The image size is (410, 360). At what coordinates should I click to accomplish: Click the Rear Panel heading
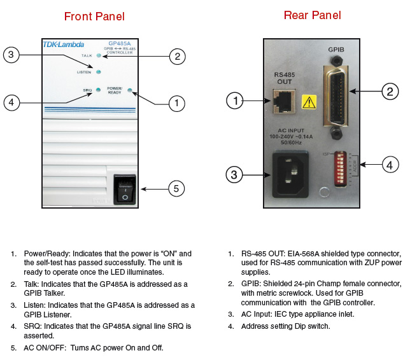pos(313,15)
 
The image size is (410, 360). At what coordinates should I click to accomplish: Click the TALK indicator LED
pos(98,56)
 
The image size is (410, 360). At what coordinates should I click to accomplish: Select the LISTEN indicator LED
pos(98,72)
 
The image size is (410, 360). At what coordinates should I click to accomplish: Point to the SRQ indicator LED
pos(98,90)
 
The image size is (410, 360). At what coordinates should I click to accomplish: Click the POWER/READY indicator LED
pos(130,90)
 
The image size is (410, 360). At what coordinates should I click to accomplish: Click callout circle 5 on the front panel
pos(176,188)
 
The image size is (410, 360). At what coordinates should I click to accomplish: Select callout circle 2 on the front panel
pos(176,57)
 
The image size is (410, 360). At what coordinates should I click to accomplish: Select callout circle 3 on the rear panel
pos(236,174)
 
